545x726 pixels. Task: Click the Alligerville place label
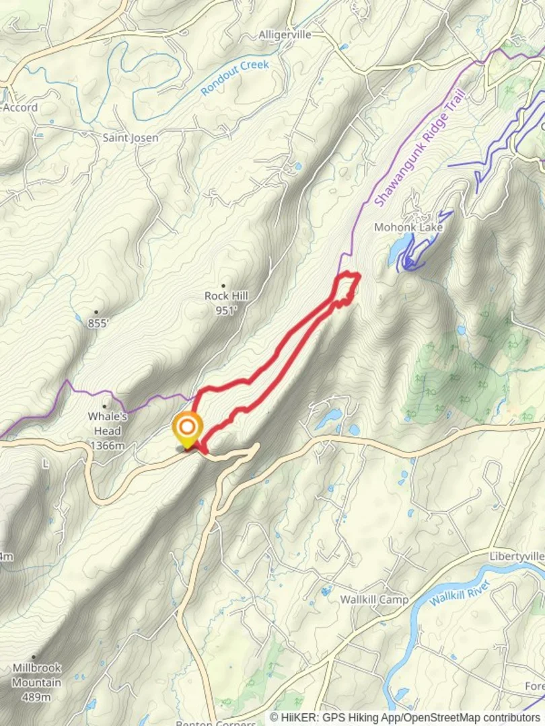[285, 35]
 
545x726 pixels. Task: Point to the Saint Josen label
[131, 138]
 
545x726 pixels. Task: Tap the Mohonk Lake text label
[417, 228]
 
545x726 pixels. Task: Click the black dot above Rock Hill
[223, 286]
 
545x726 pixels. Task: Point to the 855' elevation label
[98, 323]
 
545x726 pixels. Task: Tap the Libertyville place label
[517, 557]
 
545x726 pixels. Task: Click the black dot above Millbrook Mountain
[33, 657]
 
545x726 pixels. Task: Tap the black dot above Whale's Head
[104, 406]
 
